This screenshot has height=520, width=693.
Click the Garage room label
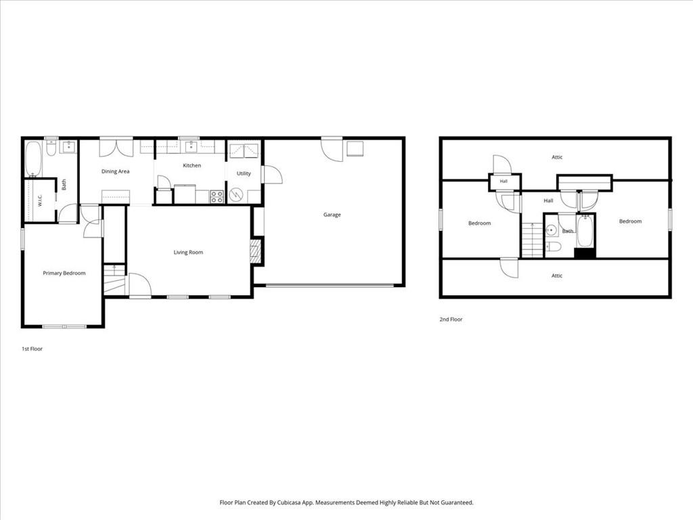332,215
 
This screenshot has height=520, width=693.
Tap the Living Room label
188,253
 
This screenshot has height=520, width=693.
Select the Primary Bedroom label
64,274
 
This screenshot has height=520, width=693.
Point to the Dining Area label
115,171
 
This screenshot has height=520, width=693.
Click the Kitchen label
192,165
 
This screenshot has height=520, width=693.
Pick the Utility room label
244,173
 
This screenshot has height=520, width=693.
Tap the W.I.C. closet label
40,200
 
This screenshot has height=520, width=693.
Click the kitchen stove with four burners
217,197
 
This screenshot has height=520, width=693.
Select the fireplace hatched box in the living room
256,252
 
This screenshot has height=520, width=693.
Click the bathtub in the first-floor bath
33,158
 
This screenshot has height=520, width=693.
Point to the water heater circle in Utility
236,195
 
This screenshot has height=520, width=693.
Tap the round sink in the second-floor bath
551,230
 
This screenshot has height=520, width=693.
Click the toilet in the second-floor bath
553,246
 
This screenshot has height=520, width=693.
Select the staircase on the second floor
533,240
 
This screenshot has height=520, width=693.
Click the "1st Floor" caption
32,349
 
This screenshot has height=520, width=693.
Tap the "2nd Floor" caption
451,320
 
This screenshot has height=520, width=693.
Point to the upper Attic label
557,157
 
